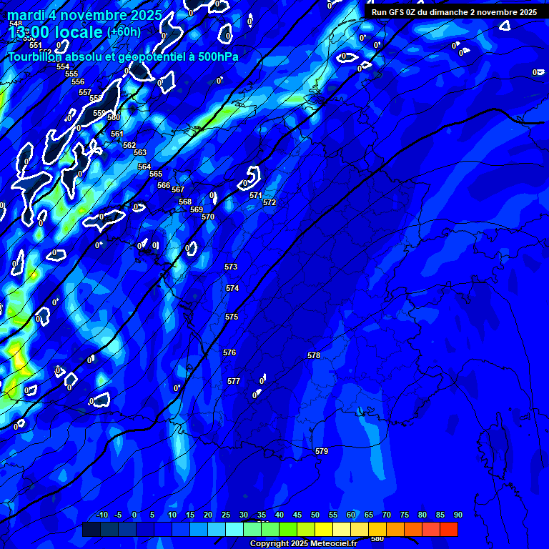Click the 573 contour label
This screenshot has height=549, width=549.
(231, 267)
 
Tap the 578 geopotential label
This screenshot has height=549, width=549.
(314, 355)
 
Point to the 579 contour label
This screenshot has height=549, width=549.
(322, 451)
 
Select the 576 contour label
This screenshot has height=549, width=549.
(229, 352)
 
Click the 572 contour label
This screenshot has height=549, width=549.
(269, 202)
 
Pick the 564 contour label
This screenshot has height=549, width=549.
(144, 167)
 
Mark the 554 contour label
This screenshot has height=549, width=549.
(63, 66)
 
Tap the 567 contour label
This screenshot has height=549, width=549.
(178, 189)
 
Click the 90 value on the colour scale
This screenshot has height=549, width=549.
(457, 515)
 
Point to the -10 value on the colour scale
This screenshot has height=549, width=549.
(102, 515)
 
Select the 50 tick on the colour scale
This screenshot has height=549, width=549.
(315, 515)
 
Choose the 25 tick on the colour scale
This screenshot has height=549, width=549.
(226, 515)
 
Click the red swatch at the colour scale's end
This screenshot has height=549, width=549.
(449, 529)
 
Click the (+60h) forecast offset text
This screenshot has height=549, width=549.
(124, 31)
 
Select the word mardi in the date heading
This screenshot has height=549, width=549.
(24, 15)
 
